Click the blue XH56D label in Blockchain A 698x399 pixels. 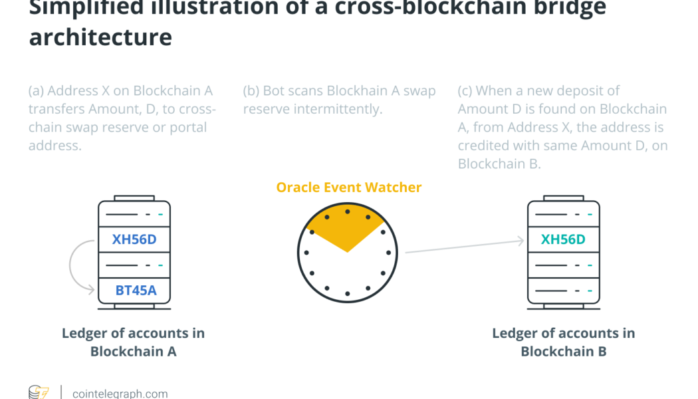point(134,239)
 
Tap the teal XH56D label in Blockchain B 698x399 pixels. point(563,239)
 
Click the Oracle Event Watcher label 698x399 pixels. point(349,188)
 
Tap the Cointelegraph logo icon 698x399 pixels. point(39,392)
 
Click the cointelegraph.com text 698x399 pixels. point(120,394)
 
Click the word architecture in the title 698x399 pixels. point(100,36)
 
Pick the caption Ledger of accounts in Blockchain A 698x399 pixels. point(134,342)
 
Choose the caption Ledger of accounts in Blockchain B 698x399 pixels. point(563,342)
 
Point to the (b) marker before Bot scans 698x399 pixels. point(251,91)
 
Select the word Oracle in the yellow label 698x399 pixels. point(296,188)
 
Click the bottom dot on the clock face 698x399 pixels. point(347,293)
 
